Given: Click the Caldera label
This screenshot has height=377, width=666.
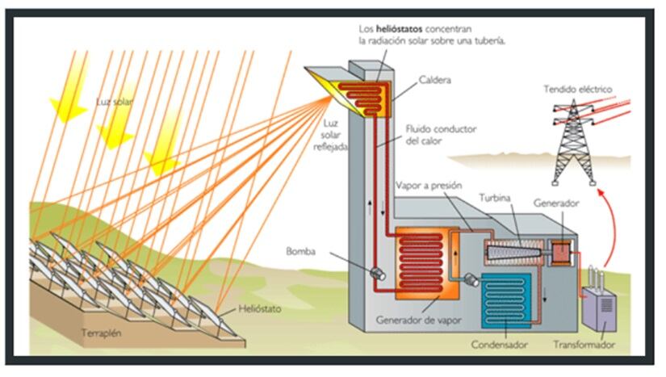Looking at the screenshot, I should (437, 80).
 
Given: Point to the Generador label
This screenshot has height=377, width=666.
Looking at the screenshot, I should (556, 204).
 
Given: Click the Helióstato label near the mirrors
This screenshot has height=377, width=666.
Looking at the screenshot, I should (260, 309).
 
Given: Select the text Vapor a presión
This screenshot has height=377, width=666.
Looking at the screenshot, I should (428, 185).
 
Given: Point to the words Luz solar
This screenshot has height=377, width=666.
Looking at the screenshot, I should (114, 103).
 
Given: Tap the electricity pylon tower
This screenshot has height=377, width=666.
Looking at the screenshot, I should (577, 145).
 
